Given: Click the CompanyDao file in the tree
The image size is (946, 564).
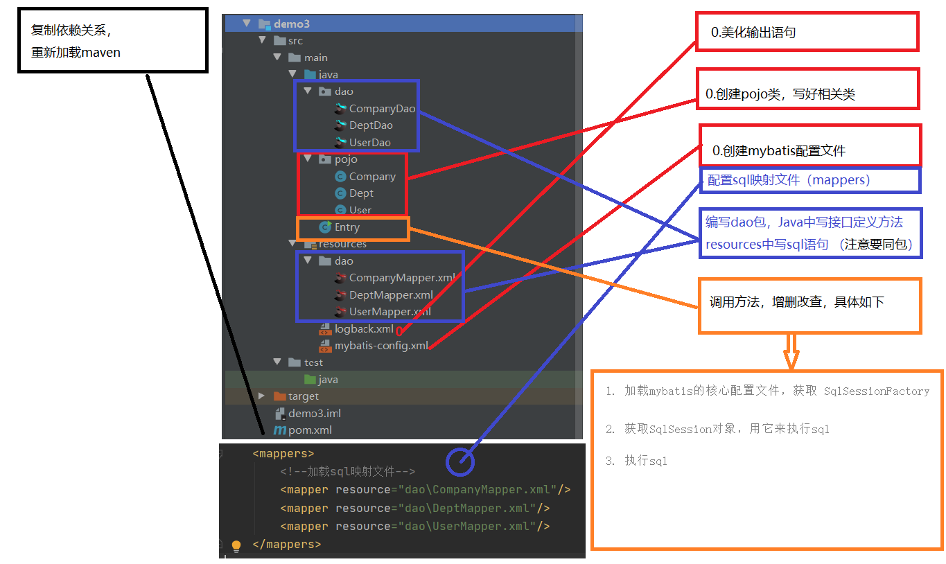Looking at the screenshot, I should point(381,108).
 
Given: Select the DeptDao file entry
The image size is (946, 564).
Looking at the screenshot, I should point(370,125).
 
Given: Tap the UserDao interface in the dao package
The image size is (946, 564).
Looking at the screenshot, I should point(369,142).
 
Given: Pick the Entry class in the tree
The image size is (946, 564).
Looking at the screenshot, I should point(347,227).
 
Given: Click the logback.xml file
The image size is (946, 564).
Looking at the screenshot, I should point(363,329).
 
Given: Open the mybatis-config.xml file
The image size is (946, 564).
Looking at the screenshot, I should point(380,346).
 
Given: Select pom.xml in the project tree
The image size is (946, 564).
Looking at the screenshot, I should point(310,430).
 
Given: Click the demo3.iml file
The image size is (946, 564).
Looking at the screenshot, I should point(314,413).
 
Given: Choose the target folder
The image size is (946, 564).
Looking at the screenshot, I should point(303,396).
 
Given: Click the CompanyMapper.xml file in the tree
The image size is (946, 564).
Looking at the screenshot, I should point(401,278).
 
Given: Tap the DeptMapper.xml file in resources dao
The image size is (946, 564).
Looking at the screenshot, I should point(390,295).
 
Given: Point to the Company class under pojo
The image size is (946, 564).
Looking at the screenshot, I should point(371,177).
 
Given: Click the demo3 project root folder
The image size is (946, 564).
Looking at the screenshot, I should point(291,24).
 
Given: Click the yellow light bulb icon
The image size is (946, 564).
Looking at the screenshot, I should point(236,546).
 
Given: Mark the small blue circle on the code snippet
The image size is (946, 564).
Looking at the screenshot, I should point(460,460).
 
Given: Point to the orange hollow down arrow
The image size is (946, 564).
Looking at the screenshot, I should point(791,353).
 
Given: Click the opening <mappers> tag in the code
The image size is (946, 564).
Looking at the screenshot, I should point(283,454).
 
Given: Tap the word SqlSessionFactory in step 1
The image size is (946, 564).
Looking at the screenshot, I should point(876,391).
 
